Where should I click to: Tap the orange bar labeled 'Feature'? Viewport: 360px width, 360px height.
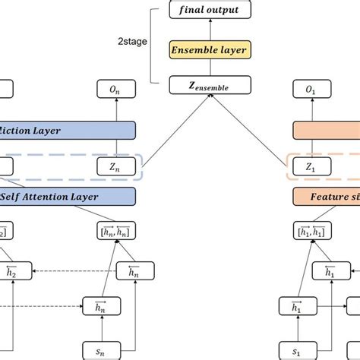pos(327,197)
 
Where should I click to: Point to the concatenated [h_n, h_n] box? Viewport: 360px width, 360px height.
pos(115,231)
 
